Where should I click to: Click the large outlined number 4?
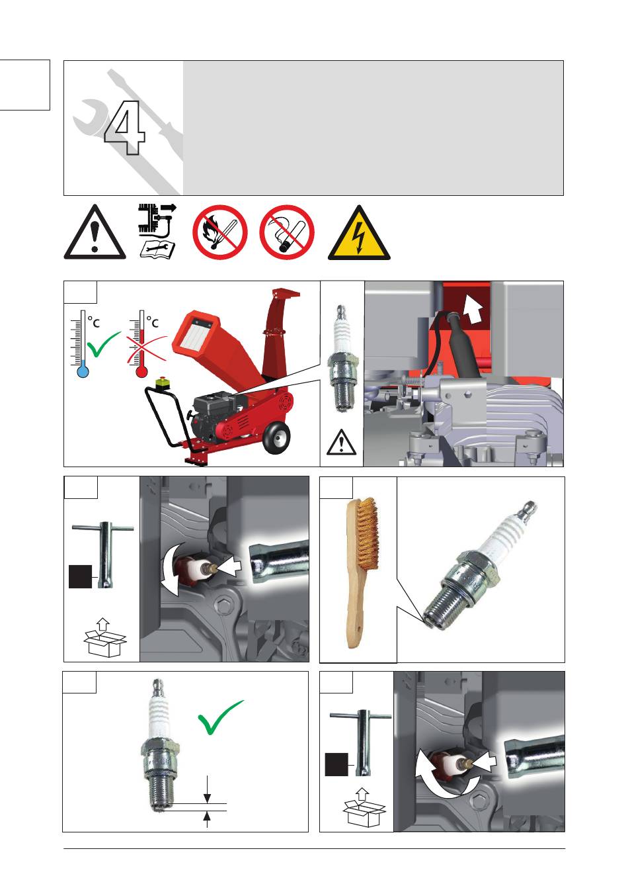pyautogui.click(x=124, y=128)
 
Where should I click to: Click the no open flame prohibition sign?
pyautogui.click(x=220, y=232)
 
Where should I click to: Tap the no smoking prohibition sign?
pyautogui.click(x=287, y=232)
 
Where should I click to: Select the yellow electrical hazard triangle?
pyautogui.click(x=359, y=234)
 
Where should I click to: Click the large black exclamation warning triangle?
pyautogui.click(x=95, y=233)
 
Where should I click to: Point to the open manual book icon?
pyautogui.click(x=157, y=249)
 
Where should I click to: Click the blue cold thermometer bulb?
pyautogui.click(x=83, y=372)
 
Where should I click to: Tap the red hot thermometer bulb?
pyautogui.click(x=141, y=372)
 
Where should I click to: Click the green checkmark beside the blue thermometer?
pyautogui.click(x=102, y=344)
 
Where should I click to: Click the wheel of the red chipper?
pyautogui.click(x=276, y=437)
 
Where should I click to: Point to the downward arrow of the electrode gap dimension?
pyautogui.click(x=207, y=789)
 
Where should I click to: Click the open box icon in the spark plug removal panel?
pyautogui.click(x=105, y=637)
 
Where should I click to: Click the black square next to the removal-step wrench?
pyautogui.click(x=81, y=576)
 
